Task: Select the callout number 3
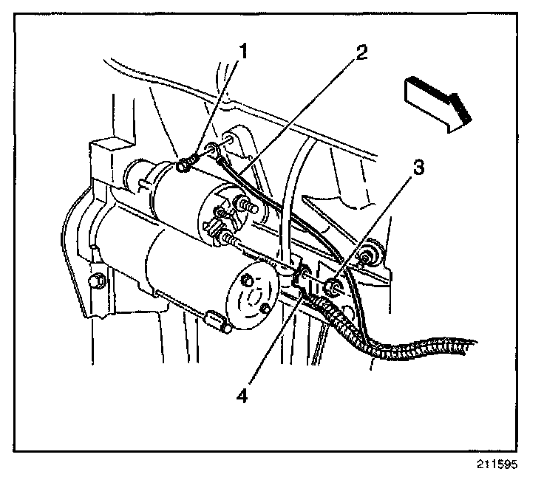click(419, 168)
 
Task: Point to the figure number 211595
click(499, 466)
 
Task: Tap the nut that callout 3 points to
click(333, 286)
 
